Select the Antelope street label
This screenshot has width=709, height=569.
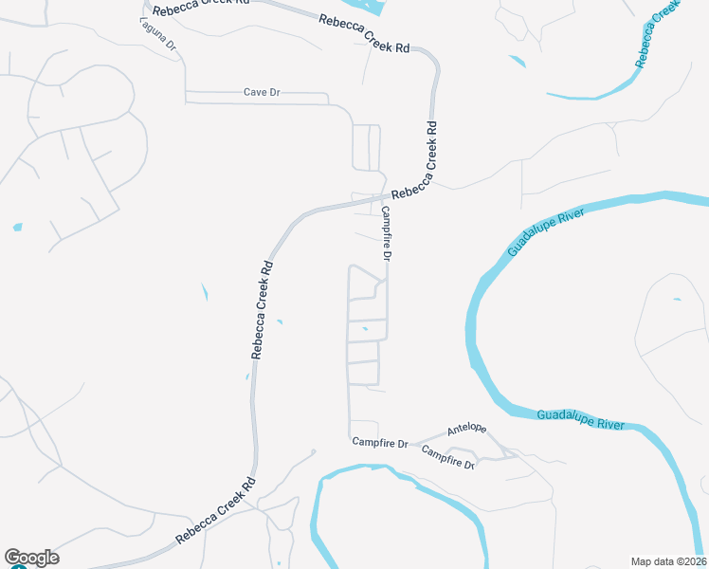click(x=466, y=429)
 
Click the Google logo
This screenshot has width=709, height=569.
click(x=31, y=558)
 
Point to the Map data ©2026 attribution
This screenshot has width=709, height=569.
click(x=668, y=560)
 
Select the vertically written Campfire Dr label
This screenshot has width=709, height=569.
click(x=387, y=235)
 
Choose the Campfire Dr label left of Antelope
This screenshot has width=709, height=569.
click(x=379, y=443)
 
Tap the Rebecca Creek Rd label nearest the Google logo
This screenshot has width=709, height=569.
click(x=216, y=513)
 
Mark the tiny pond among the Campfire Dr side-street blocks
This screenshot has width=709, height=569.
click(x=365, y=329)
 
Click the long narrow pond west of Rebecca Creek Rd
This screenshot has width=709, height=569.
click(x=205, y=293)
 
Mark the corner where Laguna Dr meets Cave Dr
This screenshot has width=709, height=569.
click(x=186, y=93)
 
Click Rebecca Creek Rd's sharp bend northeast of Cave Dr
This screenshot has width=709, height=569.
click(x=434, y=63)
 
